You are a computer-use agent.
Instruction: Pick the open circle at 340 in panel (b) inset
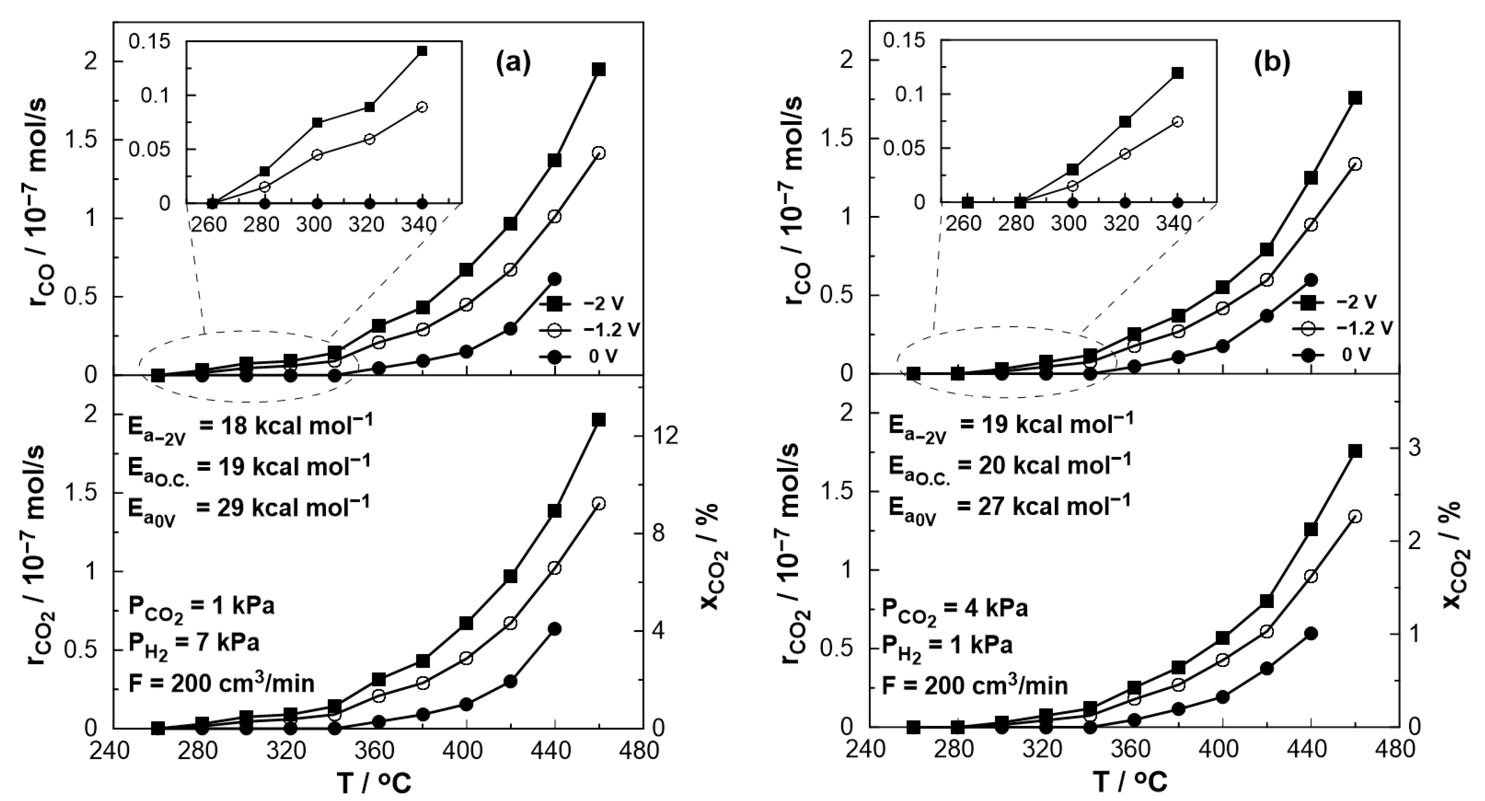1177,122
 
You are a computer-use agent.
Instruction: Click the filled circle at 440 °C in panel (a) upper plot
555,279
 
